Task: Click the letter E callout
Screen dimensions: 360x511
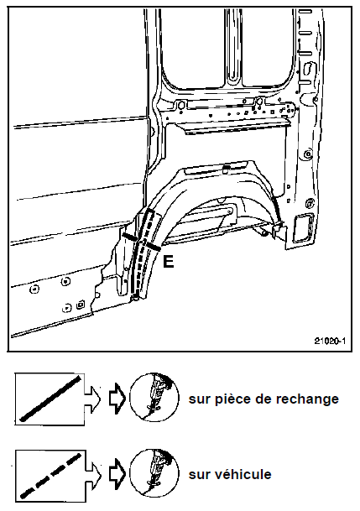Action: (168, 261)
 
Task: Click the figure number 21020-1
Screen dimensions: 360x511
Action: (330, 342)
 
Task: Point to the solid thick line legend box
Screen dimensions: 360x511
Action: (50, 399)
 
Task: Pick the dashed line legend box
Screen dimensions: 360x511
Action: (50, 476)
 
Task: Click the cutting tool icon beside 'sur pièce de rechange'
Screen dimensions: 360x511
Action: (154, 398)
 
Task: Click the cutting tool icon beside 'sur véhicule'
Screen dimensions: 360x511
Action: (154, 473)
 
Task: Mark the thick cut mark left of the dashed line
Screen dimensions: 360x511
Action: (129, 237)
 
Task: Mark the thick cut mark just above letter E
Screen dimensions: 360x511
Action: (153, 247)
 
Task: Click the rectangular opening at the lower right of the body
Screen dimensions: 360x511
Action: (303, 228)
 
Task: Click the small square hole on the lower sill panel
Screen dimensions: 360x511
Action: (81, 305)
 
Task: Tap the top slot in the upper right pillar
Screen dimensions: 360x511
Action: (305, 12)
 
